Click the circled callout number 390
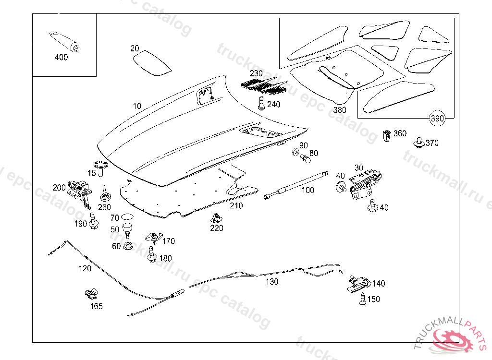point(436,119)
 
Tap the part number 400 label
point(61,57)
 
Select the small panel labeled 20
point(151,63)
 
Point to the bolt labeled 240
point(261,103)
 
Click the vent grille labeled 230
point(264,86)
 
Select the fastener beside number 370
point(419,143)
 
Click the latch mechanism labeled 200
point(80,189)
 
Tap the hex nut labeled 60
point(128,246)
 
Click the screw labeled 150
point(362,300)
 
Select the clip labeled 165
point(90,293)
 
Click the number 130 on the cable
point(272,282)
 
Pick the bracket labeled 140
point(358,283)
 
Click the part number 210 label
point(236,205)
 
